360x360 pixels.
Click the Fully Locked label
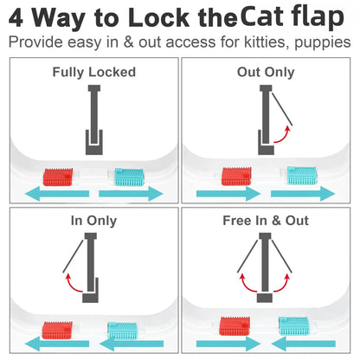(93, 72)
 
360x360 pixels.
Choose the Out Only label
(266, 72)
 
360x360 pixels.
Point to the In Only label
(93, 221)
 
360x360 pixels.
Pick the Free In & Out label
(266, 221)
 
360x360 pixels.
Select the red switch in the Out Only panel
(236, 177)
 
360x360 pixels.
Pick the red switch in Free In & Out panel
(235, 327)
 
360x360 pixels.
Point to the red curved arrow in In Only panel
(74, 283)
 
